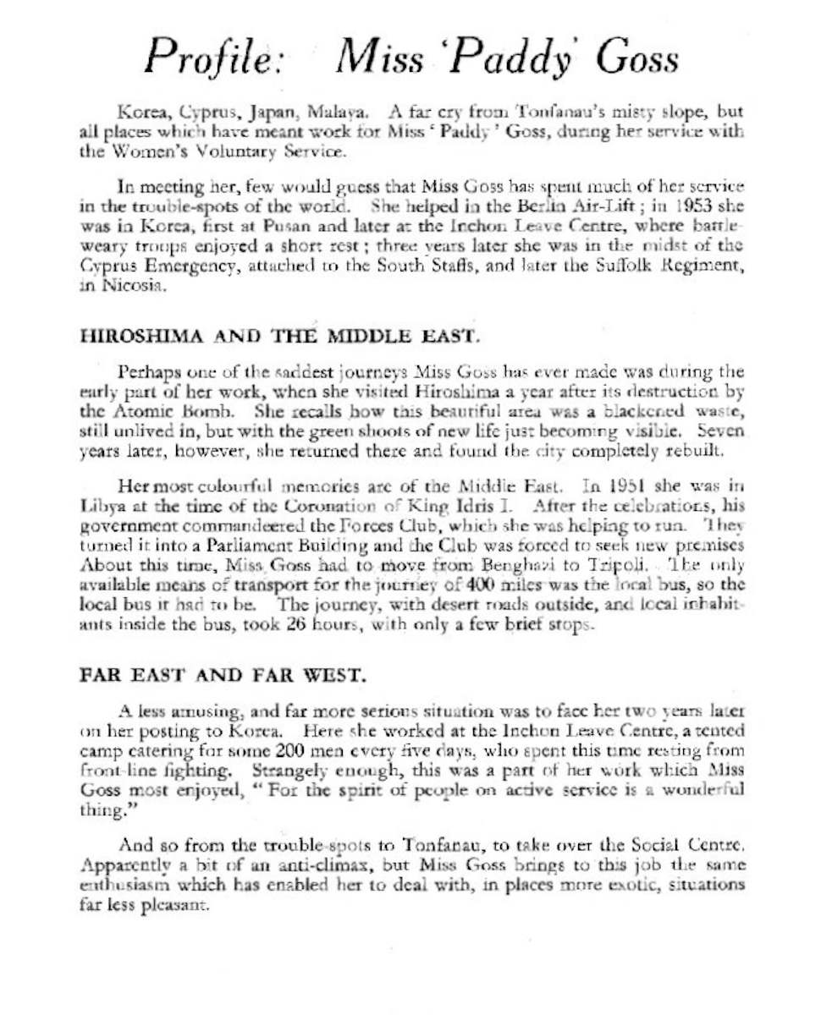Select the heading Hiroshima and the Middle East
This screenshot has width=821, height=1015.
(280, 337)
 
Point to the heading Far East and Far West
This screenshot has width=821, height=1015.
(223, 676)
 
